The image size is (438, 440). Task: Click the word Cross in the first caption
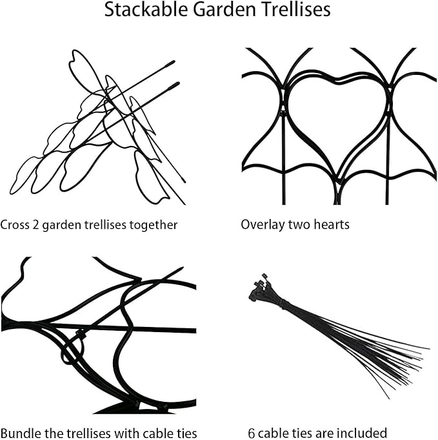14,225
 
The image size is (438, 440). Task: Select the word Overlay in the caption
261,225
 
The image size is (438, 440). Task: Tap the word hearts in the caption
330,225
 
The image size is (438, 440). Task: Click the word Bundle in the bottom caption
19,433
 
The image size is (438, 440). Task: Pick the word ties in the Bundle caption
184,433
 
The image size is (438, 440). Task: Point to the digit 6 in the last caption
251,433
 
